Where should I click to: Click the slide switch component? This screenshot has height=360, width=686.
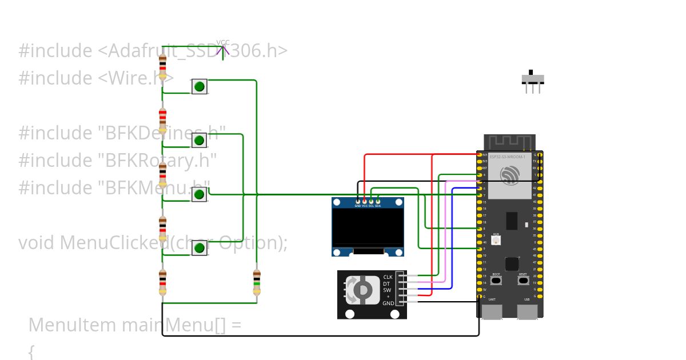(533, 80)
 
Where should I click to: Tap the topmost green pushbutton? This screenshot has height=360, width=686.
(199, 87)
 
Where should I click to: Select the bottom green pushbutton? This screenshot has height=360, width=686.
(199, 248)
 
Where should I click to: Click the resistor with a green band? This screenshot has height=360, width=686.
(257, 282)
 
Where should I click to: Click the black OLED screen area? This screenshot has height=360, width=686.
(368, 227)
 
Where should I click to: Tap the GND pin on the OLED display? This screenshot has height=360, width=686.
(358, 201)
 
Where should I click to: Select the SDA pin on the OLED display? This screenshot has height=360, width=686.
(378, 201)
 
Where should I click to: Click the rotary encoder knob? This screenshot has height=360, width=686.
(362, 290)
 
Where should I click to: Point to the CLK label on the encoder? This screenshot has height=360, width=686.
(388, 277)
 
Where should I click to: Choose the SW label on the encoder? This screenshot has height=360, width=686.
(388, 290)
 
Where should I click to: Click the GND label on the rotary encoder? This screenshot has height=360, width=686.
(388, 303)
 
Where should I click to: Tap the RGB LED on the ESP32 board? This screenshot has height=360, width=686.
(496, 241)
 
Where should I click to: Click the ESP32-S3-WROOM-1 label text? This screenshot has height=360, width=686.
(507, 157)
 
